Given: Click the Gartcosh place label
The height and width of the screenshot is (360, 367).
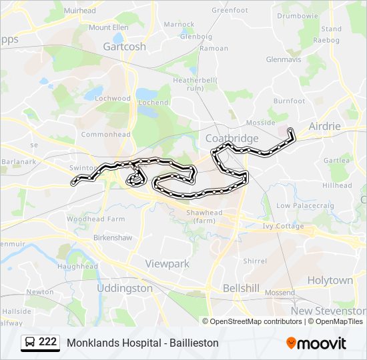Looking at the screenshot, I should (x=125, y=47).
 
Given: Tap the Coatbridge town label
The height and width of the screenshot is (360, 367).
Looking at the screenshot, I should (x=232, y=138).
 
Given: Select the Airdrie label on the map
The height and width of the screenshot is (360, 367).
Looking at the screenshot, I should (x=325, y=126).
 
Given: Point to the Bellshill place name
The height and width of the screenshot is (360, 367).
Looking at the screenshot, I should (x=241, y=288).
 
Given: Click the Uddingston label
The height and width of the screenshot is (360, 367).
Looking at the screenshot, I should (x=125, y=288).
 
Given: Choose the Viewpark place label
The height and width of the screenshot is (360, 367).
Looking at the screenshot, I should (x=167, y=264).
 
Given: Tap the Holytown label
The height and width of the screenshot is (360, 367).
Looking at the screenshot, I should (x=330, y=280).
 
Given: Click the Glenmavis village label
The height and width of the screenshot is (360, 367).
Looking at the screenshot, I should (x=284, y=59).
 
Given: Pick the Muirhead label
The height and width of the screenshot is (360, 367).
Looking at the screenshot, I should (x=80, y=11).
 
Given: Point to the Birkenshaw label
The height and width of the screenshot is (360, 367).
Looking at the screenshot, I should (x=113, y=237).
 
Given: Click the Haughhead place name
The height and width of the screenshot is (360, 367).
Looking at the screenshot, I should (x=77, y=266).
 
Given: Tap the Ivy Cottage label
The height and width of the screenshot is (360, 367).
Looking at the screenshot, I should (x=284, y=227).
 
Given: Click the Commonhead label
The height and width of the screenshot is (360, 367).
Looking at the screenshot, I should (x=105, y=134).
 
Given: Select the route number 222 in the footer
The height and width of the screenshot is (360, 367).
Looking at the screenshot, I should (x=47, y=342).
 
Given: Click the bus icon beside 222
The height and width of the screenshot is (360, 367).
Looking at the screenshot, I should (x=30, y=343).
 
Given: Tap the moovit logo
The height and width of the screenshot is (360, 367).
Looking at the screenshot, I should (x=316, y=343).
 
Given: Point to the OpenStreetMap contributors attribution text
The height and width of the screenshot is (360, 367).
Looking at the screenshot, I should (x=256, y=321).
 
